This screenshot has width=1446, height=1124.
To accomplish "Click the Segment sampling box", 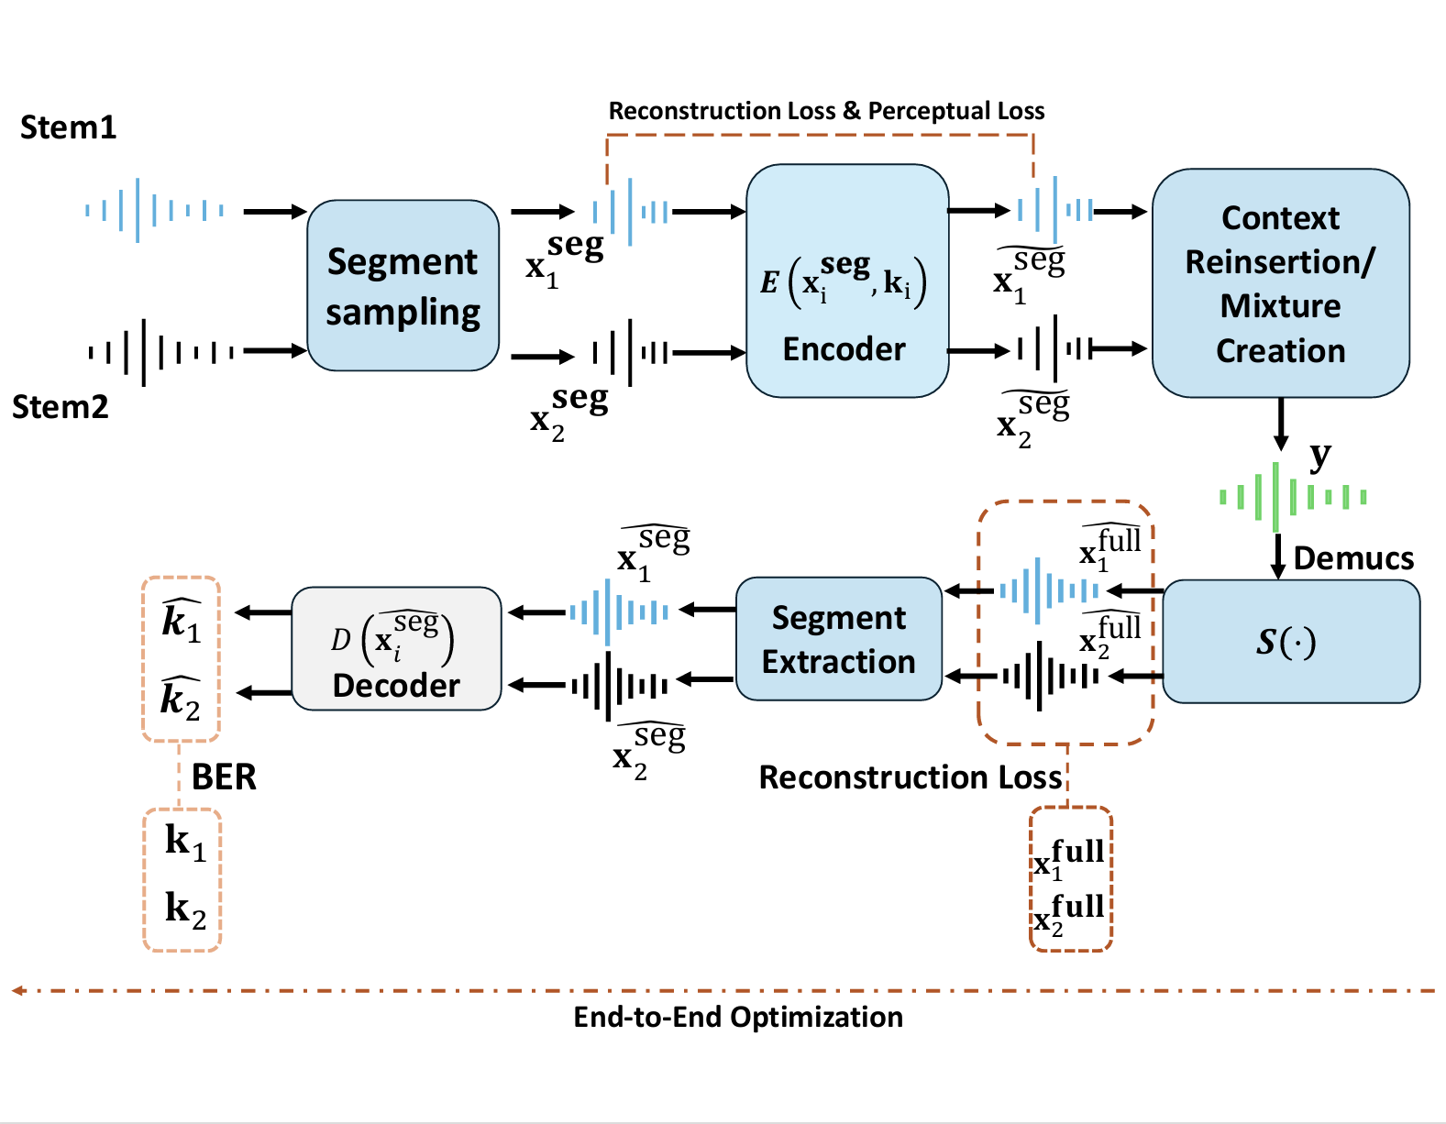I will pyautogui.click(x=403, y=285).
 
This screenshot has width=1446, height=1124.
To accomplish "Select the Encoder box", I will pyautogui.click(x=846, y=281).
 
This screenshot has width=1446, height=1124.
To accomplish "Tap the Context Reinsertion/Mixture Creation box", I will pyautogui.click(x=1280, y=283).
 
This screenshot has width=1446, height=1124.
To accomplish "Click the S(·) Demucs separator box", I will pyautogui.click(x=1290, y=641).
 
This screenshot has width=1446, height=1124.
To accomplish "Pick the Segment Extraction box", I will pyautogui.click(x=839, y=639).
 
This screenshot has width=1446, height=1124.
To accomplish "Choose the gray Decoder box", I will pyautogui.click(x=396, y=649).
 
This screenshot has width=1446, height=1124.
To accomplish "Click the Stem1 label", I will pyautogui.click(x=69, y=127).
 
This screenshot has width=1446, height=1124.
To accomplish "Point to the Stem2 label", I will pyautogui.click(x=61, y=406).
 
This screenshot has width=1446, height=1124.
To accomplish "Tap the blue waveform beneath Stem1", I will pyautogui.click(x=154, y=210).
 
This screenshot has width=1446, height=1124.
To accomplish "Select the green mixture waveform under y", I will pyautogui.click(x=1293, y=497).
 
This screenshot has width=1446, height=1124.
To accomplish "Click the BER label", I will pyautogui.click(x=224, y=777).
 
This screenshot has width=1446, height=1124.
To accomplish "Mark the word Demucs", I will pyautogui.click(x=1353, y=558).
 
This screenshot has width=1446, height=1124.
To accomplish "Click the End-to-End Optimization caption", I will pyautogui.click(x=738, y=1017).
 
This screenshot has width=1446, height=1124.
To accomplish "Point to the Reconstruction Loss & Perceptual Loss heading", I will pyautogui.click(x=826, y=111).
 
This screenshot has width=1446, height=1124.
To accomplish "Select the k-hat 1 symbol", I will pyautogui.click(x=181, y=620).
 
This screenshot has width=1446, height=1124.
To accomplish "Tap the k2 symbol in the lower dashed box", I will pyautogui.click(x=185, y=909).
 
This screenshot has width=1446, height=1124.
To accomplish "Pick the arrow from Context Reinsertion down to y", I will pyautogui.click(x=1281, y=424).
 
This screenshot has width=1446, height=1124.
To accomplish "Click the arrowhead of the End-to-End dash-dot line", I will pyautogui.click(x=17, y=990).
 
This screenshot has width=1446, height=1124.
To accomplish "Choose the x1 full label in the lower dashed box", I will pyautogui.click(x=1069, y=859).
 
